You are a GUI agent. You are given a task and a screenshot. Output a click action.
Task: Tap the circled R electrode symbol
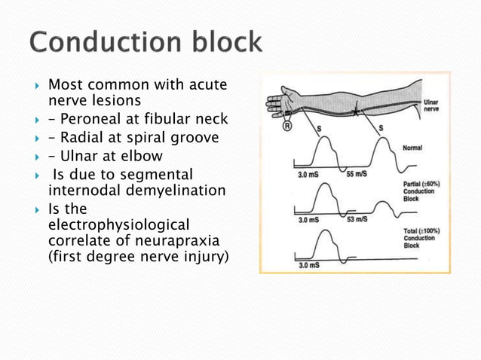coord(287,127)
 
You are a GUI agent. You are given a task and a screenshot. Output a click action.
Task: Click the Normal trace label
coord(414,148)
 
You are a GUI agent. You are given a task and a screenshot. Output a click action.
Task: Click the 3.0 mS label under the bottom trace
coord(286,265)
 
